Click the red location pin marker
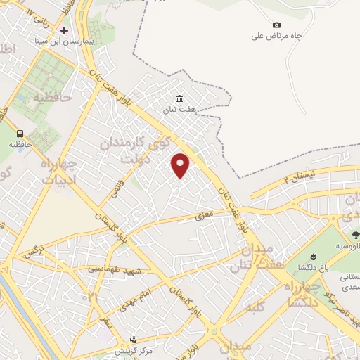(x=181, y=165)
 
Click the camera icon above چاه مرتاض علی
(x=276, y=25)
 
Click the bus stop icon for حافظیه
(x=20, y=133)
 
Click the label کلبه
(x=256, y=307)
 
